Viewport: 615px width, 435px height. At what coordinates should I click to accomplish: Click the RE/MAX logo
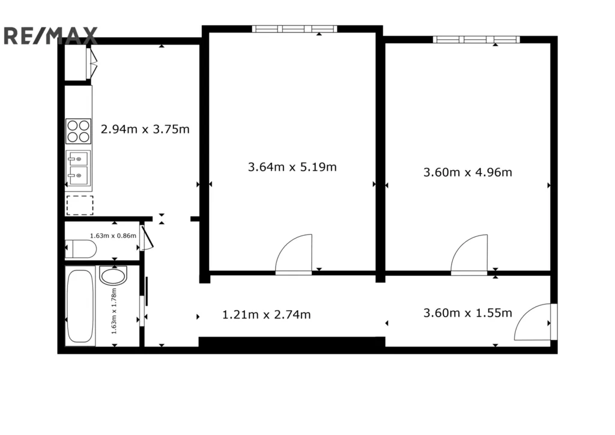coord(50,35)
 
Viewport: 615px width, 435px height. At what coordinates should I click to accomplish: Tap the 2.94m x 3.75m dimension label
coord(145,129)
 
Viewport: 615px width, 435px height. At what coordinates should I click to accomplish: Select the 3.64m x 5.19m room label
coord(292,167)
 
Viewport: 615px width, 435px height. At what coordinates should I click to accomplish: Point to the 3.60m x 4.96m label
coord(467,172)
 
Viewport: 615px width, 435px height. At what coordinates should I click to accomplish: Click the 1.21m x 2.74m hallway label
coord(266,315)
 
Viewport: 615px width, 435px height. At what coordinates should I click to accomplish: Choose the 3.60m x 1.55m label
coord(467,313)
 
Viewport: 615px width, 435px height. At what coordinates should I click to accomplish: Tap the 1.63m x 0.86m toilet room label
coord(113,236)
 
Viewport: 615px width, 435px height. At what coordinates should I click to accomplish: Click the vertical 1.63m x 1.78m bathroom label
coord(114,311)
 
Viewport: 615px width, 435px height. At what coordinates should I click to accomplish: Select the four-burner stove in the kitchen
coord(79,131)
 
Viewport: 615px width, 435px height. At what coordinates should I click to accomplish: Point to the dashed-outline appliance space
coord(80,205)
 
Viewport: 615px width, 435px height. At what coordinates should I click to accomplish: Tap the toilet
coord(80,249)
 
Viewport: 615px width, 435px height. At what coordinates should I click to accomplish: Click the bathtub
coord(80,306)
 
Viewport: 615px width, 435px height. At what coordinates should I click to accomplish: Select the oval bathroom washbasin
coord(114,275)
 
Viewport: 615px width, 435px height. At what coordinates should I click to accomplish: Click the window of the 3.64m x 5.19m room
coord(294,29)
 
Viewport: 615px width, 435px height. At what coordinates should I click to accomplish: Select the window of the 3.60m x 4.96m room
coord(476,39)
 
